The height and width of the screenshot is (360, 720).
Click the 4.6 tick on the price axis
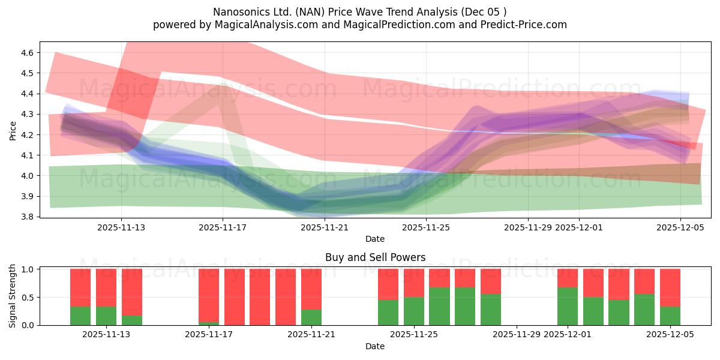[x=26, y=53]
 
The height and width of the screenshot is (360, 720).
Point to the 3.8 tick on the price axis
[x=26, y=217]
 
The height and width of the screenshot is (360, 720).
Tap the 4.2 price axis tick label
[x=26, y=135]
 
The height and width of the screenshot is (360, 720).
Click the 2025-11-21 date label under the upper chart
[x=324, y=227]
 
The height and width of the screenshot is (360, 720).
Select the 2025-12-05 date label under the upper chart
[x=680, y=227]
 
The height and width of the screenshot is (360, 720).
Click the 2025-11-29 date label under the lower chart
[x=517, y=335]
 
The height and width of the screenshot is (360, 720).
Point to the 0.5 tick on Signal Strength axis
[x=28, y=298]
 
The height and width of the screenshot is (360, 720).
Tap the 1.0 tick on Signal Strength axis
[x=28, y=269]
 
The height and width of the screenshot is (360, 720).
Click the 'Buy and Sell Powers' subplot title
[x=375, y=257]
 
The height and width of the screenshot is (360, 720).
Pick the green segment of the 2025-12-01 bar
[x=568, y=306]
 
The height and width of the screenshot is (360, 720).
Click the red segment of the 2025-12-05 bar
[x=670, y=287]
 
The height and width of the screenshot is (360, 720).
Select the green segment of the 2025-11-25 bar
[x=413, y=311]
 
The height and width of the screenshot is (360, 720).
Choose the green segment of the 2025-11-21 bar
[x=311, y=317]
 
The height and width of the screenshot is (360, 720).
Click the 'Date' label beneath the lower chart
[x=375, y=346]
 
